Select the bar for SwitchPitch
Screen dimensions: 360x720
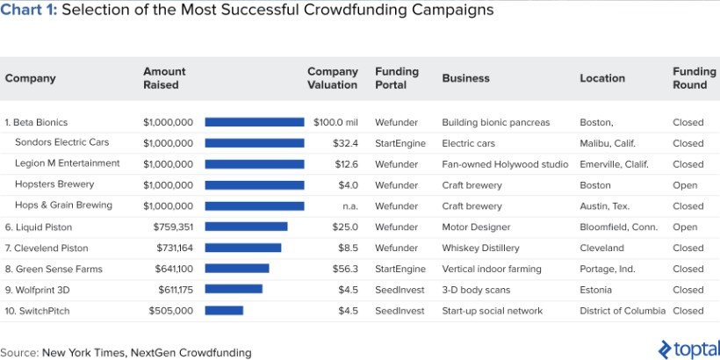pos(224,310)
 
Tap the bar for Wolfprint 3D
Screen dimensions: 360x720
pos(234,289)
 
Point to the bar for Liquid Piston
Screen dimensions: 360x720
pos(246,227)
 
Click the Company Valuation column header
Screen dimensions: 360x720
pos(333,78)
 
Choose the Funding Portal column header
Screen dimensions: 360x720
pos(397,78)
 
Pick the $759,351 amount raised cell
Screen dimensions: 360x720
pos(172,227)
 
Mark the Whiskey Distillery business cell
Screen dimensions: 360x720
pos(480,248)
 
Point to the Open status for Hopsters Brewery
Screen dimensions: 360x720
pos(685,185)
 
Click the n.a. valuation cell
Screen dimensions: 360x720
pos(349,205)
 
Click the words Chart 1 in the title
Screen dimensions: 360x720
pos(29,11)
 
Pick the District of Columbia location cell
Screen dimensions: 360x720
pos(623,310)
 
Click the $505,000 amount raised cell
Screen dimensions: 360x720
pos(172,310)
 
